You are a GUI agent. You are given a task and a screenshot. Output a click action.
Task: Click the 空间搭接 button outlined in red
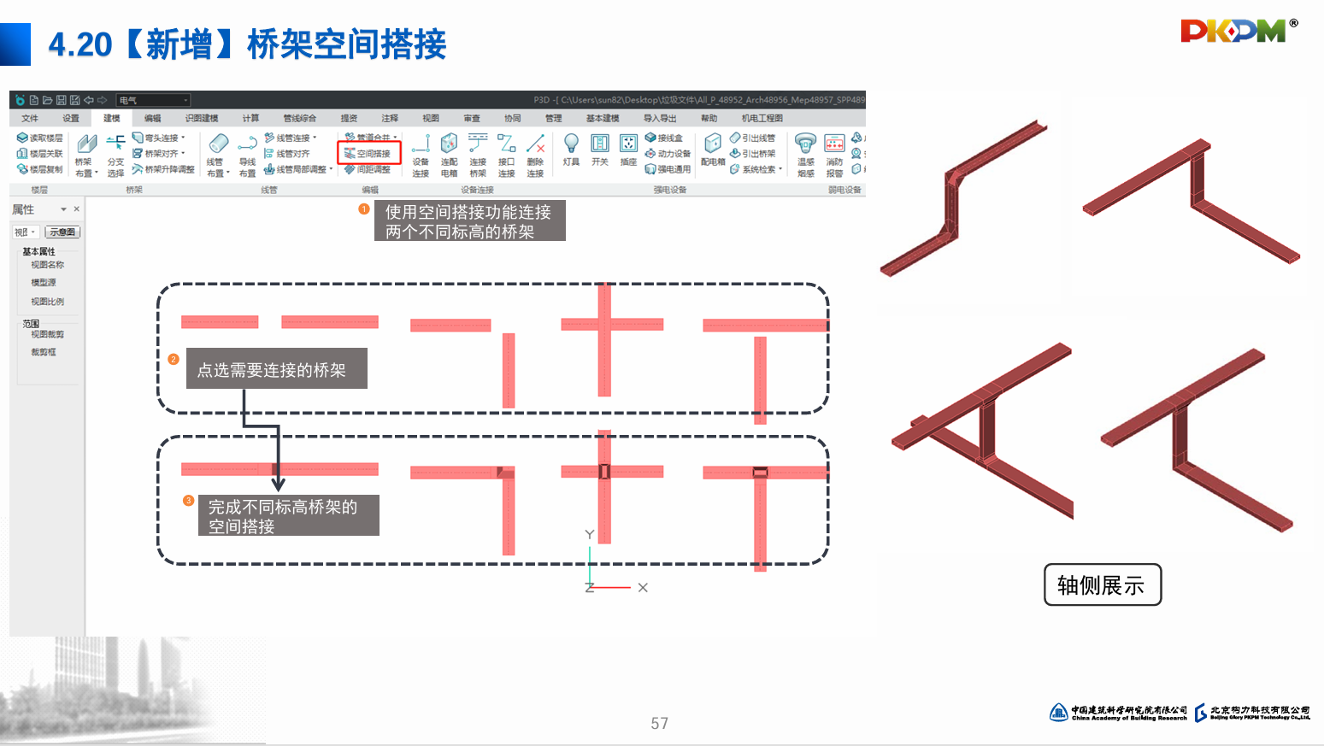[x=369, y=154]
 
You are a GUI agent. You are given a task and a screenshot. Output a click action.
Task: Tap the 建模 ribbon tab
[x=112, y=119]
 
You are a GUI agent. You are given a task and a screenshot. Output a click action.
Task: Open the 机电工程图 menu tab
[x=762, y=119]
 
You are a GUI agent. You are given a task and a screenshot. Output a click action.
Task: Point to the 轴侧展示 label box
[x=1102, y=585]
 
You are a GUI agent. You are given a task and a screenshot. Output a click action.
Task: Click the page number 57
[x=659, y=724]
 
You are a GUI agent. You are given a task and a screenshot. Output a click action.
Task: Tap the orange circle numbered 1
[x=364, y=209]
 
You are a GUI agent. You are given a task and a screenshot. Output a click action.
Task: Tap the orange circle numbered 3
[x=189, y=501]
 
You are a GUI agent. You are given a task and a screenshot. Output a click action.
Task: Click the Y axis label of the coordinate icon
[x=589, y=534]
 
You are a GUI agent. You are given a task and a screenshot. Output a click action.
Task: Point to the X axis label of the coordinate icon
[x=643, y=588]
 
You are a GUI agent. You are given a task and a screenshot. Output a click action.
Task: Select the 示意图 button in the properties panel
[x=62, y=232]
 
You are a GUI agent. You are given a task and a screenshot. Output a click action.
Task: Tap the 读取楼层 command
[x=40, y=138]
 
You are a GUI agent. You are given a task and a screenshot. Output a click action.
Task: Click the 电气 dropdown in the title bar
[x=154, y=100]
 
